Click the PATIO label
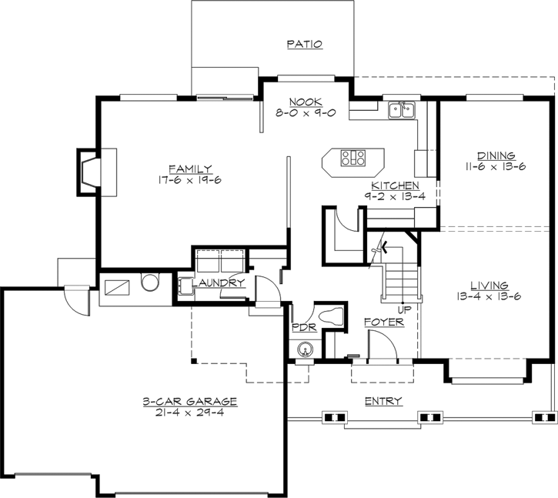coord(304,45)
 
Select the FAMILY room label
coord(190,169)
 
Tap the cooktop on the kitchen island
coord(353,159)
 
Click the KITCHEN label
coord(395,185)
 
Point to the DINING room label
coord(496,155)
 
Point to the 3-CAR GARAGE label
coord(189,402)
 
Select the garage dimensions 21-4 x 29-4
coord(189,413)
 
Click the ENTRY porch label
coord(383,399)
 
